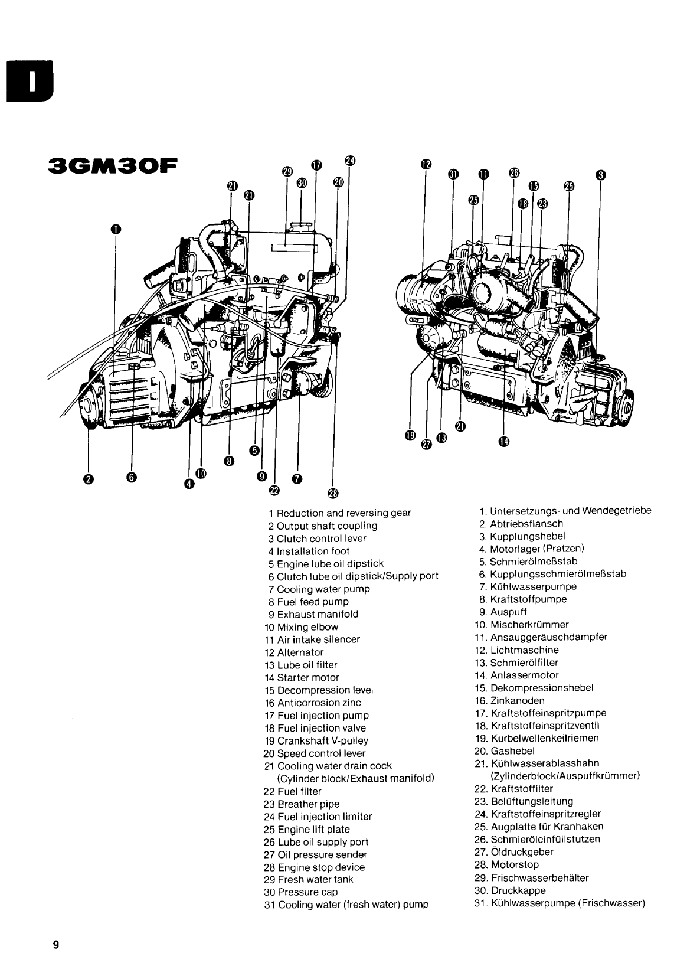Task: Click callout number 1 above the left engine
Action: (x=116, y=229)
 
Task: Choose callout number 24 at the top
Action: (x=349, y=161)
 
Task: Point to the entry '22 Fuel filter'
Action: (x=292, y=791)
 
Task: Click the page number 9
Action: (x=56, y=944)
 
